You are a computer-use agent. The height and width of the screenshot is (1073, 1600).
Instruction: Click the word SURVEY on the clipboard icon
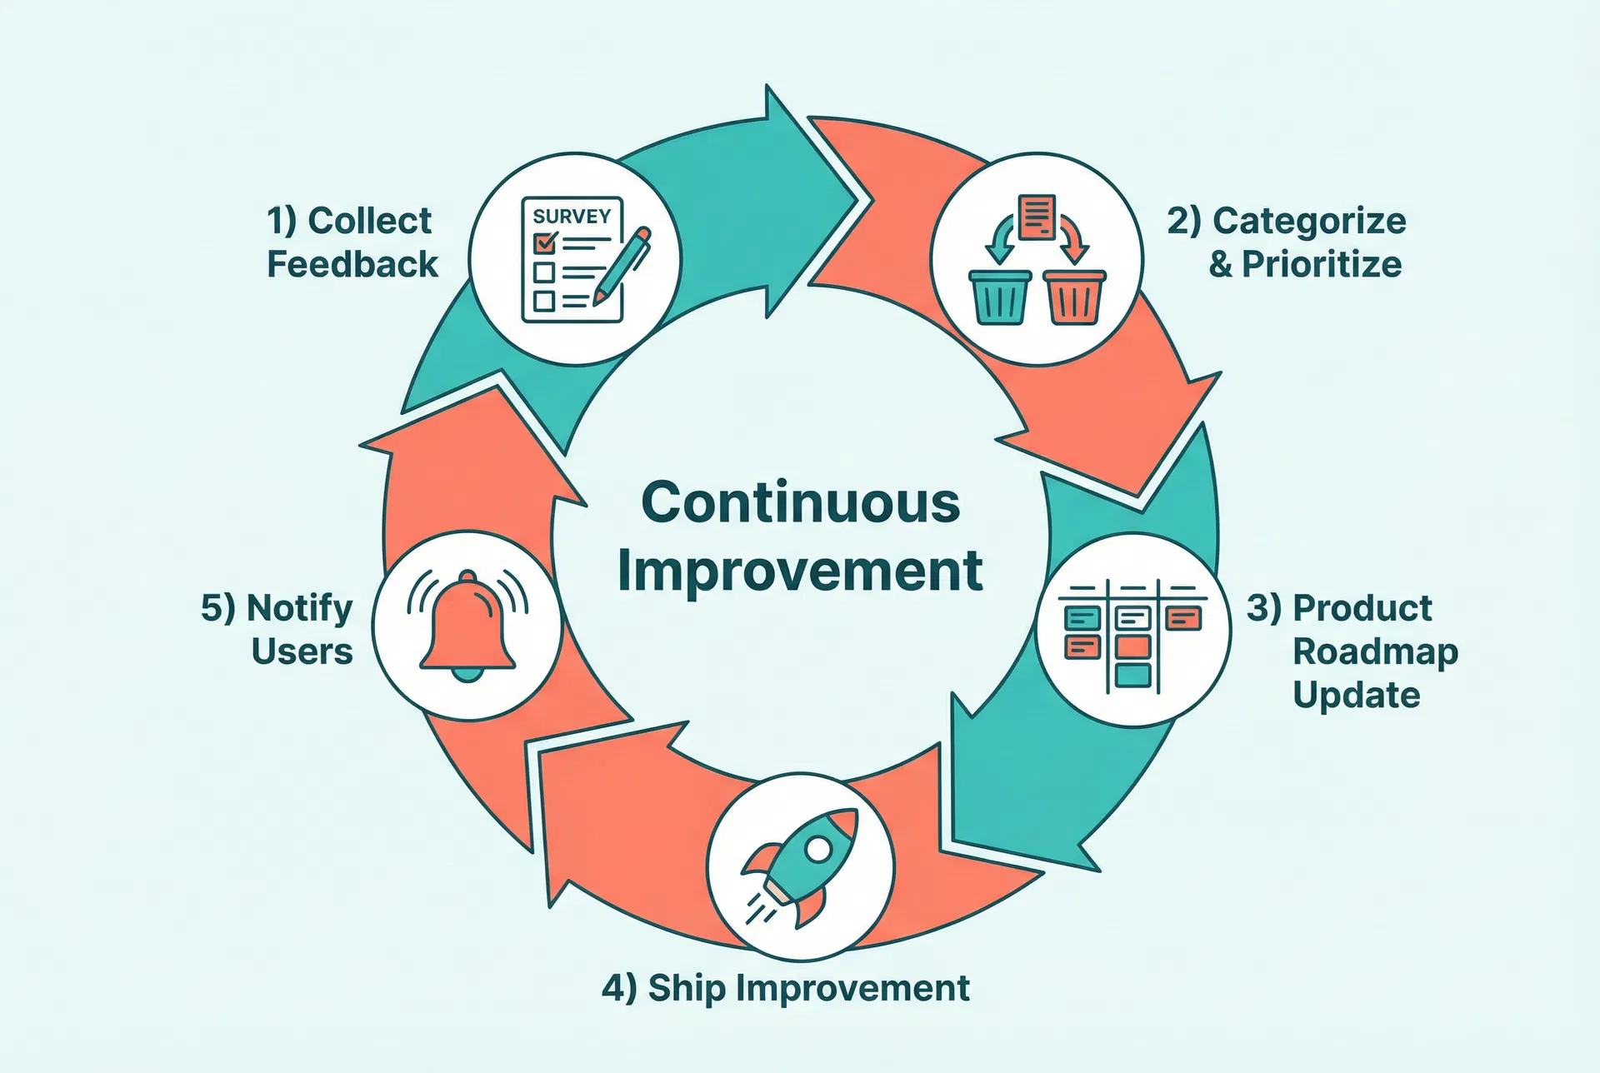pyautogui.click(x=572, y=217)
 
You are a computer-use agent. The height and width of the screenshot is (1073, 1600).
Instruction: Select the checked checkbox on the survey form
pyautogui.click(x=545, y=242)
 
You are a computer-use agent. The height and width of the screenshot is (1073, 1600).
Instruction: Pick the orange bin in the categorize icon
pyautogui.click(x=1075, y=296)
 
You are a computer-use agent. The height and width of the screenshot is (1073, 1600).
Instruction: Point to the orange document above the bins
pyautogui.click(x=1037, y=217)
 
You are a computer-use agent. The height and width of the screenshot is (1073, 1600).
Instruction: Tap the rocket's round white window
pyautogui.click(x=818, y=849)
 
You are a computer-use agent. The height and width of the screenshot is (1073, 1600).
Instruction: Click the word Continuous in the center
pyautogui.click(x=801, y=503)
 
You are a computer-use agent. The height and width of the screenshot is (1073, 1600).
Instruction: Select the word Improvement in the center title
pyautogui.click(x=800, y=571)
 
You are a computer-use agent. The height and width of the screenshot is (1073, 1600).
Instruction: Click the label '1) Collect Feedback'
pyautogui.click(x=352, y=242)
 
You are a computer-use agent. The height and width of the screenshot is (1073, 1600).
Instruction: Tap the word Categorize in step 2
pyautogui.click(x=1309, y=222)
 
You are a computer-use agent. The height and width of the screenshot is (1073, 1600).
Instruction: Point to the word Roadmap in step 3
pyautogui.click(x=1375, y=651)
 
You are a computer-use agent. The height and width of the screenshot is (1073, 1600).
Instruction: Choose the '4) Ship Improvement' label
pyautogui.click(x=785, y=988)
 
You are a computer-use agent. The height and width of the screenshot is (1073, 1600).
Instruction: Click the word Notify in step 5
pyautogui.click(x=300, y=608)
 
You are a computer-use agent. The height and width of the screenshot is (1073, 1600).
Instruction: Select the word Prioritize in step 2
pyautogui.click(x=1322, y=265)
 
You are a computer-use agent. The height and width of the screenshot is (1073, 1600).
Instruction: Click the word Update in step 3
pyautogui.click(x=1357, y=695)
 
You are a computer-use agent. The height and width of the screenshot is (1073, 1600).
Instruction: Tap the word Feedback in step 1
pyautogui.click(x=352, y=265)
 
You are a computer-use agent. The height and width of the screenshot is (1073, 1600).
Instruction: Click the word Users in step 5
pyautogui.click(x=302, y=651)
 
